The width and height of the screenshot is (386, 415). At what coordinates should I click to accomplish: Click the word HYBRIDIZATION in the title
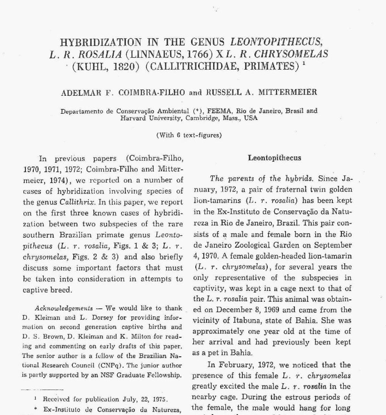pyautogui.click(x=101, y=42)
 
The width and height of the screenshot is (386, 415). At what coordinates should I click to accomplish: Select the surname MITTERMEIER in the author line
pyautogui.click(x=287, y=92)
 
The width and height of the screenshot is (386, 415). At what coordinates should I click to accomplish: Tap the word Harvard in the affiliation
pyautogui.click(x=133, y=118)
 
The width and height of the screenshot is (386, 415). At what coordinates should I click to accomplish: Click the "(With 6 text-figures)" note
pyautogui.click(x=189, y=135)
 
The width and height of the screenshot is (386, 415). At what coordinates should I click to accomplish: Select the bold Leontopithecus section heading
pyautogui.click(x=275, y=158)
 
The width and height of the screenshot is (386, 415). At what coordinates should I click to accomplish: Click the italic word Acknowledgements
pyautogui.click(x=64, y=308)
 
